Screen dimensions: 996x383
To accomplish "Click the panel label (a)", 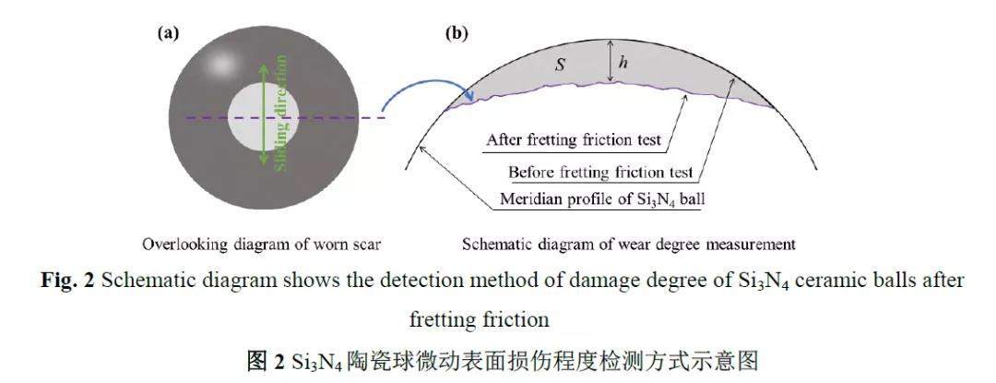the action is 169,34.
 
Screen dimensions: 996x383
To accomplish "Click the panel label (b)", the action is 456,34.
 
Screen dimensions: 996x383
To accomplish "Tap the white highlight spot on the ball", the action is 220,65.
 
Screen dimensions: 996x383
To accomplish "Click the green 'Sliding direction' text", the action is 281,114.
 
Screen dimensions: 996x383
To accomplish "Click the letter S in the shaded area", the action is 561,65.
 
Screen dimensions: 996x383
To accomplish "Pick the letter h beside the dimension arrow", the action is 623,62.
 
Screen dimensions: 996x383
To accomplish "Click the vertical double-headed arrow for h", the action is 610,61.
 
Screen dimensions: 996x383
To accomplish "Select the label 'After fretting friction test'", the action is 574,140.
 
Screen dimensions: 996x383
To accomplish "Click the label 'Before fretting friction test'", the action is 599,173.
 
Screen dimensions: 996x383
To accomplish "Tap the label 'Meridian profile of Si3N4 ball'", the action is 602,199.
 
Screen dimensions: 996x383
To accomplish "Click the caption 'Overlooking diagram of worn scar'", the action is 261,245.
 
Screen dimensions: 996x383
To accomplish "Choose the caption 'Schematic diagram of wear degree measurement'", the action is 629,245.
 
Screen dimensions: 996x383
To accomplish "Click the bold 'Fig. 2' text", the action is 67,281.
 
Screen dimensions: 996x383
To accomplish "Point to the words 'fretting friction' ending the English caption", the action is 479,318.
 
